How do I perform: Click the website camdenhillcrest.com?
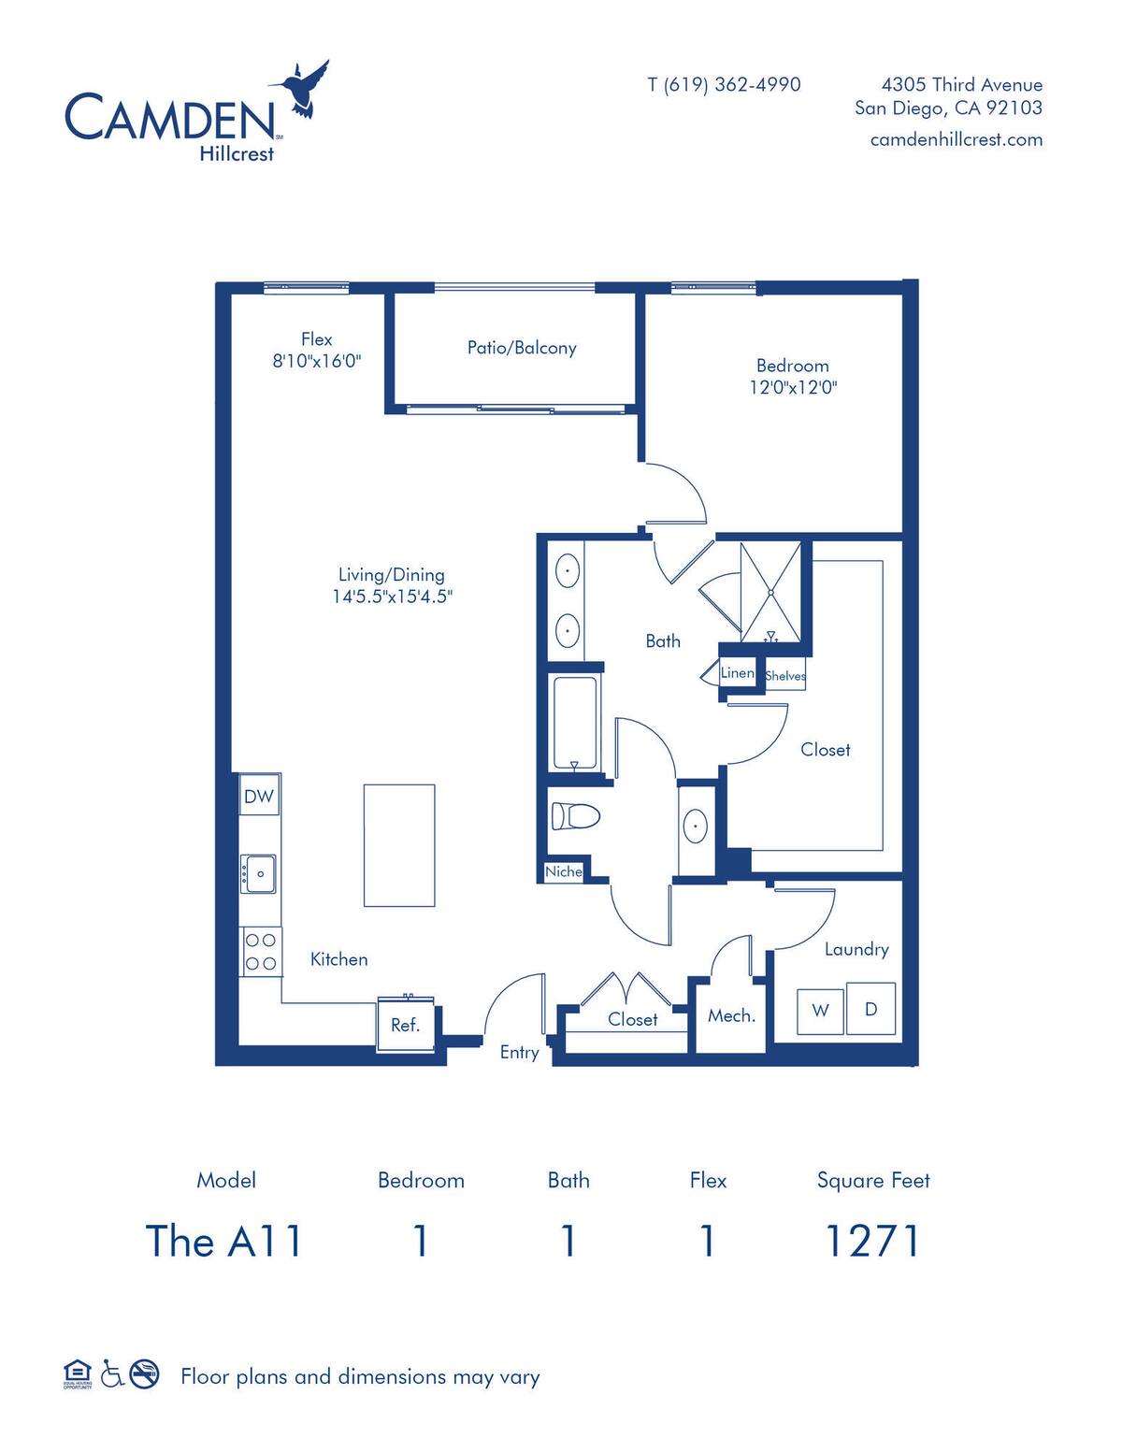pyautogui.click(x=956, y=139)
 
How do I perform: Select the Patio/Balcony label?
pyautogui.click(x=522, y=348)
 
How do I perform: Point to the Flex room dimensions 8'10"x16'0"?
pyautogui.click(x=316, y=361)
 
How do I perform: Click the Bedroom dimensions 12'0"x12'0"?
pyautogui.click(x=793, y=387)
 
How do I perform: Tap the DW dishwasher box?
pyautogui.click(x=259, y=796)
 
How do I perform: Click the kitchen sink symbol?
pyautogui.click(x=259, y=873)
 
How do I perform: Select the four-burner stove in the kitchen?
pyautogui.click(x=261, y=951)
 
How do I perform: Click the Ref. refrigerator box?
pyautogui.click(x=405, y=1025)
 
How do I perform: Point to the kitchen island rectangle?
pyautogui.click(x=399, y=845)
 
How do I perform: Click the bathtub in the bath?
pyautogui.click(x=574, y=722)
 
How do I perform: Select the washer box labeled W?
pyautogui.click(x=820, y=1009)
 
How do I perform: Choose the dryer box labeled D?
pyautogui.click(x=870, y=1009)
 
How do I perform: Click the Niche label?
pyautogui.click(x=564, y=871)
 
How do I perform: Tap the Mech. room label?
pyautogui.click(x=731, y=1015)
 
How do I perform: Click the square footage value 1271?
pyautogui.click(x=872, y=1242)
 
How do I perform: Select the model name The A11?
pyautogui.click(x=225, y=1242)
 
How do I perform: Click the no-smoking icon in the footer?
pyautogui.click(x=144, y=1373)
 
